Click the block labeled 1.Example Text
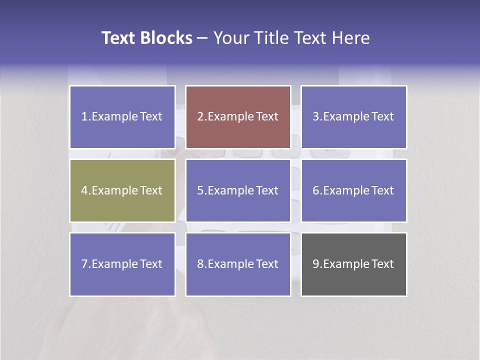(x=122, y=117)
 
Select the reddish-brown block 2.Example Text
(x=238, y=117)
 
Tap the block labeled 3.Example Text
(x=353, y=117)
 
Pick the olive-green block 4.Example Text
(x=122, y=190)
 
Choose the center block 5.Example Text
(x=238, y=190)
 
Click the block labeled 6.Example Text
(x=353, y=190)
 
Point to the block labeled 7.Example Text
(x=122, y=264)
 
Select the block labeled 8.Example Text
(x=238, y=264)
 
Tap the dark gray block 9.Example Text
(x=353, y=264)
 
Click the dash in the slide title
(x=203, y=38)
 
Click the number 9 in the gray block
(x=316, y=264)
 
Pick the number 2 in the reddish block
(x=200, y=117)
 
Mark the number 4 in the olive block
(x=84, y=190)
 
